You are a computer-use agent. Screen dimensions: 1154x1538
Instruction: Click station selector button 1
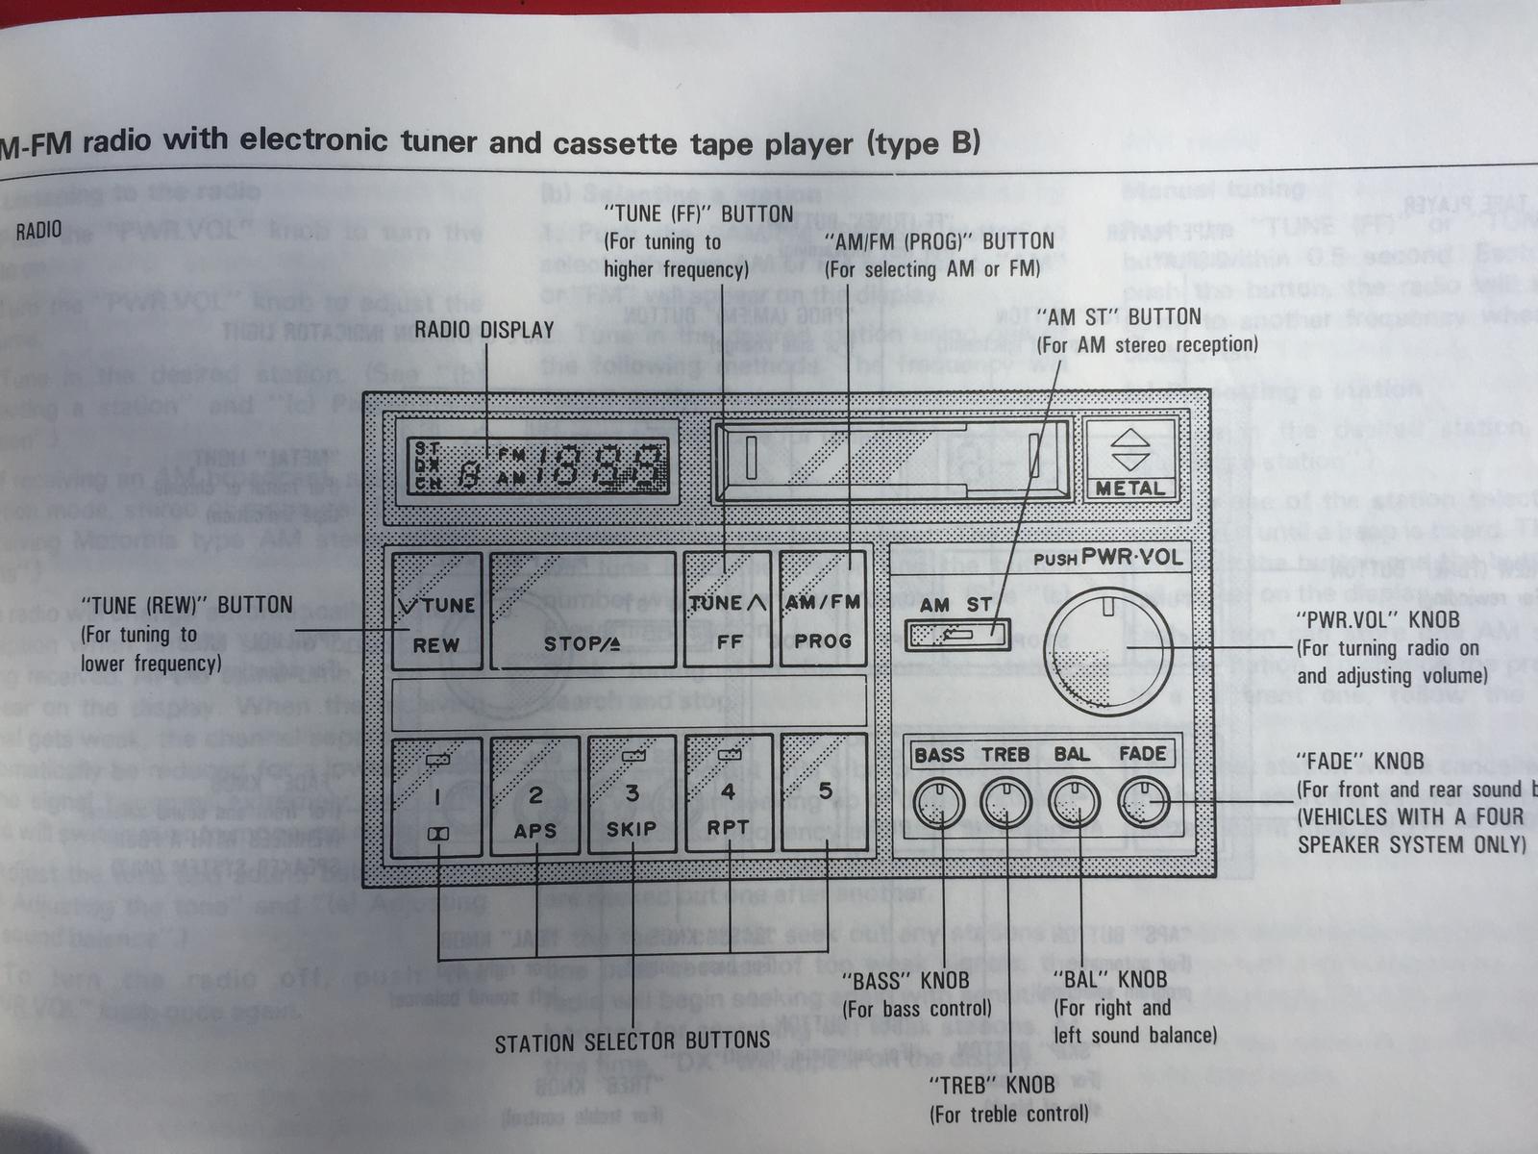point(437,795)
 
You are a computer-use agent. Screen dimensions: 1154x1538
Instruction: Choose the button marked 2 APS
point(535,796)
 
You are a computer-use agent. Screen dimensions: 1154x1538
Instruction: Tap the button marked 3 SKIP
point(632,796)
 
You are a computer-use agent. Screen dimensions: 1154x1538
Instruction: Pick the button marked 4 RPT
point(728,796)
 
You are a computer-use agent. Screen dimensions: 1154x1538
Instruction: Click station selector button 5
point(824,794)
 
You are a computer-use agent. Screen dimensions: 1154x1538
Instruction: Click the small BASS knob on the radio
point(938,802)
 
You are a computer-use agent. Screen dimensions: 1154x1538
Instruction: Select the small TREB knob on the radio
point(1005,802)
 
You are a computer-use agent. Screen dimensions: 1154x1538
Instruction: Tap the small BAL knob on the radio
point(1073,802)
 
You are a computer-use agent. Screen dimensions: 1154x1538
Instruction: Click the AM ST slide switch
point(957,634)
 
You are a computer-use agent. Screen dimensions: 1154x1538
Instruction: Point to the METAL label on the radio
point(1130,489)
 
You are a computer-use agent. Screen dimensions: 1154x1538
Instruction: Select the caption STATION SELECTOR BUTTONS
point(632,1041)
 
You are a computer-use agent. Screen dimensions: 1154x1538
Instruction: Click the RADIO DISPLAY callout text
point(484,330)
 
